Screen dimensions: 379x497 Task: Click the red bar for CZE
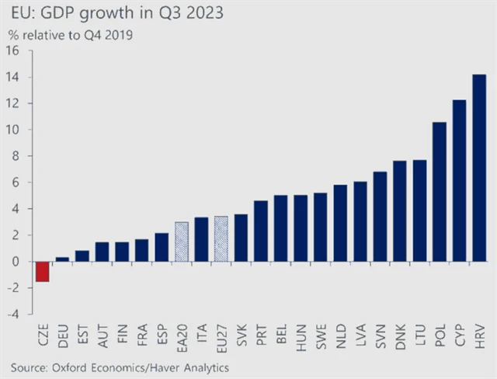[42, 271]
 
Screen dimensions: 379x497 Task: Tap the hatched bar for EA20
[181, 242]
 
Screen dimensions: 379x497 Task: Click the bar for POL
[440, 192]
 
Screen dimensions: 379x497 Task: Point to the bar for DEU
[62, 259]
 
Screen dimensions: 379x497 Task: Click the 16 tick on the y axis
[13, 51]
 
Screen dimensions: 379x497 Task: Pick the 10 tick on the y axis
[13, 130]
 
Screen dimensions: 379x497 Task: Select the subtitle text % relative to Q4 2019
[70, 34]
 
